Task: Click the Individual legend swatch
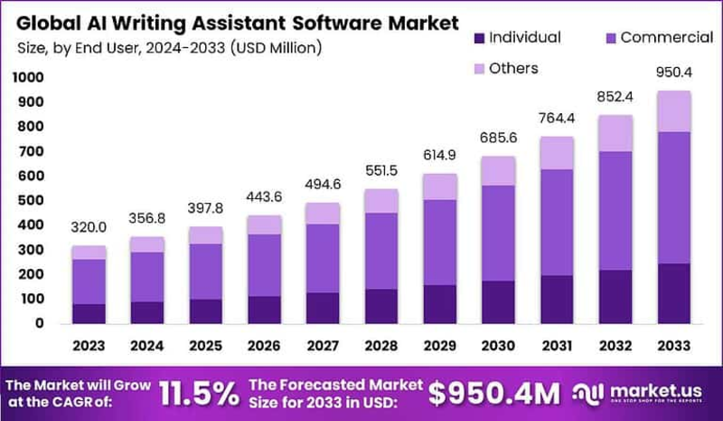tap(480, 38)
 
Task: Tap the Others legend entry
tap(511, 69)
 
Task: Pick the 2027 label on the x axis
tap(322, 346)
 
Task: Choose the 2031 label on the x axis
tap(557, 346)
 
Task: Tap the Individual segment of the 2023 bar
tap(89, 313)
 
